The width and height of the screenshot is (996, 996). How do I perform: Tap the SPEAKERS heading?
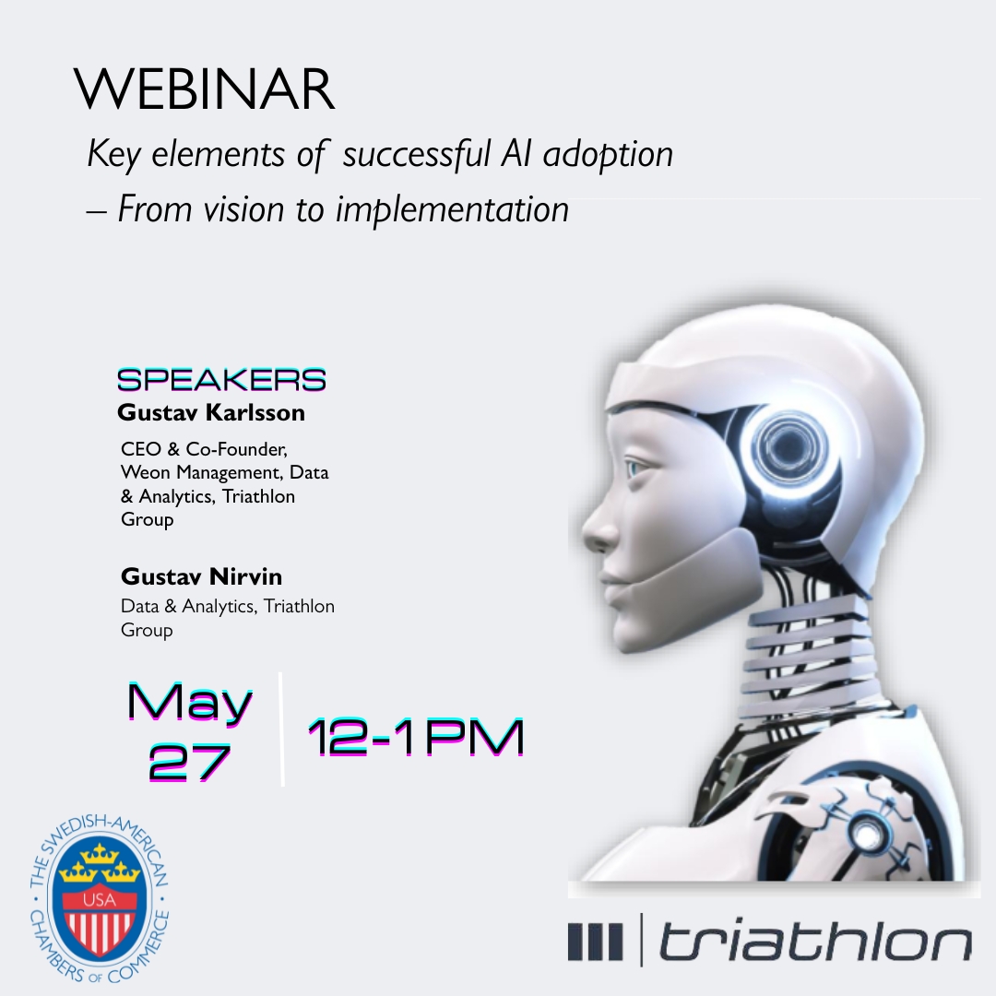click(x=221, y=380)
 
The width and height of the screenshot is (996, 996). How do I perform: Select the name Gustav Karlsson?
click(x=211, y=413)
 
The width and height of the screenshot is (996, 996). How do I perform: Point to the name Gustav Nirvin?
click(x=201, y=576)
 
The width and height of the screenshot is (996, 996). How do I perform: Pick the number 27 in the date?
click(x=189, y=763)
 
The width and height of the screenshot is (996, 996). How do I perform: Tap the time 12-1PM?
click(x=416, y=737)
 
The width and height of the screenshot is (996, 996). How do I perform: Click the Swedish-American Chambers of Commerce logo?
click(x=99, y=897)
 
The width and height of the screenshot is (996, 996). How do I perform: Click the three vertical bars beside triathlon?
click(x=595, y=942)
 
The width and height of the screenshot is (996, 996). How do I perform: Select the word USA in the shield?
click(x=99, y=899)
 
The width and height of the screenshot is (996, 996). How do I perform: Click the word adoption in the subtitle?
click(x=608, y=155)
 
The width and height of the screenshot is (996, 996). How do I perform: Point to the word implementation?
click(x=452, y=210)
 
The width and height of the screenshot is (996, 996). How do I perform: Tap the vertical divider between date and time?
click(x=280, y=729)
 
